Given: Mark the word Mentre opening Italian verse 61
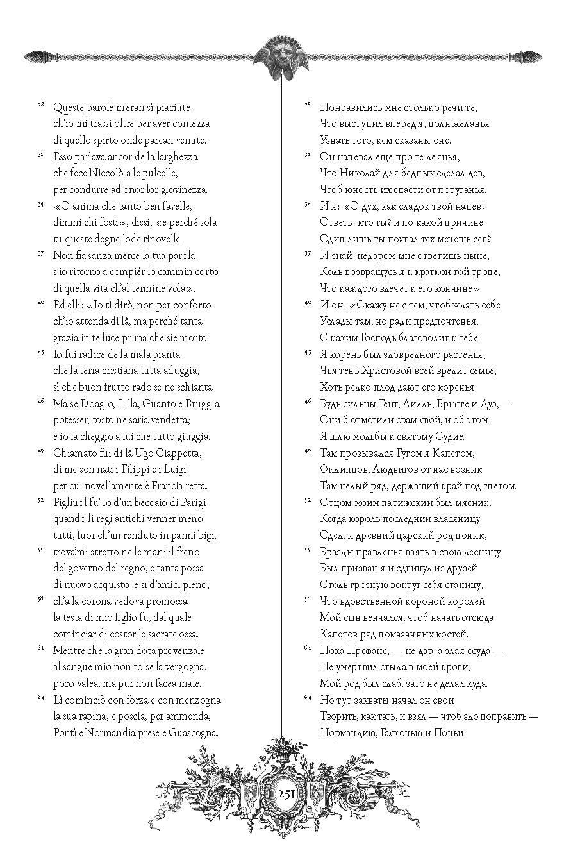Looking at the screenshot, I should tap(71, 650).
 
